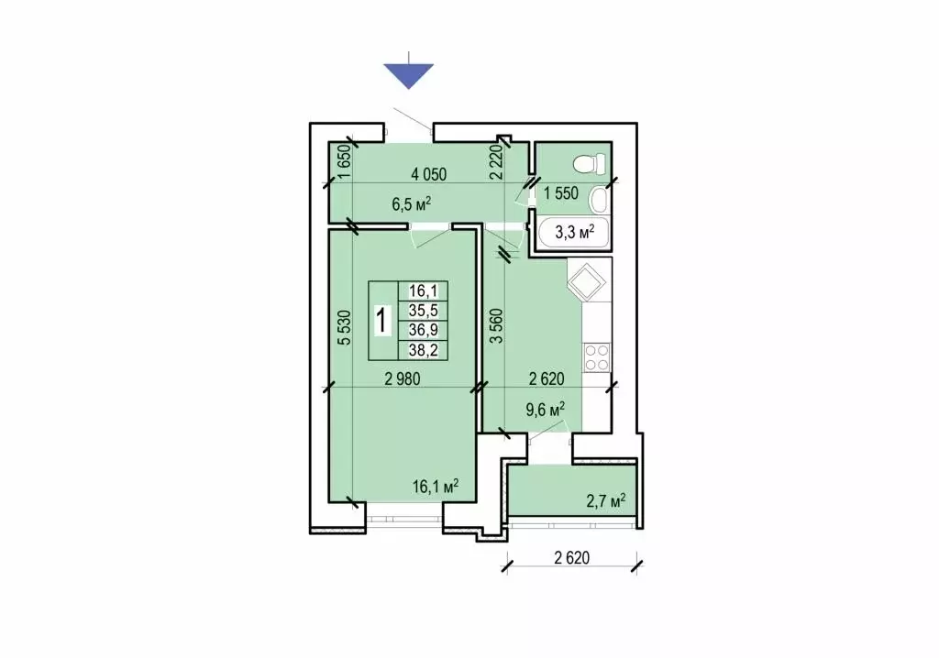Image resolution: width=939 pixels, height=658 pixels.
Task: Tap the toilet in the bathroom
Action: pos(590,163)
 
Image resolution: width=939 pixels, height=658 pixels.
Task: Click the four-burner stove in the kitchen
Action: pos(596,356)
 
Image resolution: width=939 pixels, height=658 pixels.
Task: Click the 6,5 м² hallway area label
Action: pos(412,204)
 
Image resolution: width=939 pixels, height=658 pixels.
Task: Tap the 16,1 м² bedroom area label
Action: pos(436,486)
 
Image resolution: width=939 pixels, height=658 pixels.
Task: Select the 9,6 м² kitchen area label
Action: pos(546,411)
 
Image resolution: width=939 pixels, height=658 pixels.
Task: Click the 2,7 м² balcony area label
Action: pos(605,500)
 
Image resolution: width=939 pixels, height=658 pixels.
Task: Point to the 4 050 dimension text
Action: pos(429,174)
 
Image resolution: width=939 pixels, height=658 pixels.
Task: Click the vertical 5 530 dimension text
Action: pos(345,327)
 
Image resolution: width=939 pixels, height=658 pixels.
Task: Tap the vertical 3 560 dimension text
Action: pos(496,325)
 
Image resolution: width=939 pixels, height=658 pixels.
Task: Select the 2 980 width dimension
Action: pos(403,378)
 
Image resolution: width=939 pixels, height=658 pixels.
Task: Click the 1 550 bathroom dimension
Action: pos(561,192)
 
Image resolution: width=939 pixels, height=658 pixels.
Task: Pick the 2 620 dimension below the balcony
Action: pos(572,558)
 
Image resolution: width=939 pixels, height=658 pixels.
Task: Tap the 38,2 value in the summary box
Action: pos(424,350)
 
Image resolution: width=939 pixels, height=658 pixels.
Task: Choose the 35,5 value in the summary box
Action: pos(424,310)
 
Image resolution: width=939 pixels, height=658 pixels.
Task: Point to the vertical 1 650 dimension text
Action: pos(344,162)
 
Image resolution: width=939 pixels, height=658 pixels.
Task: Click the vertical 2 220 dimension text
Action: pos(495,162)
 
